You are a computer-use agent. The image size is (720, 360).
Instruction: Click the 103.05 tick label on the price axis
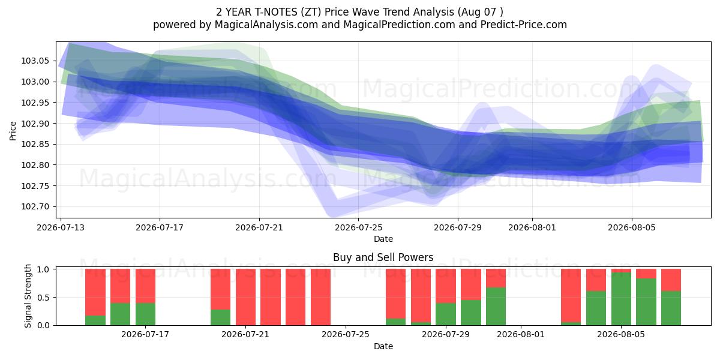coord(35,61)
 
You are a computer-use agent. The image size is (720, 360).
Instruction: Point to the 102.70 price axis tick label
coord(35,206)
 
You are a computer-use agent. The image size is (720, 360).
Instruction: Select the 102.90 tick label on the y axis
coord(35,124)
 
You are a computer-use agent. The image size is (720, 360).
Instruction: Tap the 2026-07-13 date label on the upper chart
coord(61,227)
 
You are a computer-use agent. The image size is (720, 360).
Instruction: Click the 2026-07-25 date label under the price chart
coord(358,227)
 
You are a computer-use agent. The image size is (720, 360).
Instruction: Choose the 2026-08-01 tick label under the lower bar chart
coord(521,335)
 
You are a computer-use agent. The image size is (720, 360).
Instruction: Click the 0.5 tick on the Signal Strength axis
coord(44,298)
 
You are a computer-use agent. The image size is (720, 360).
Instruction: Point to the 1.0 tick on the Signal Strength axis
coord(44,269)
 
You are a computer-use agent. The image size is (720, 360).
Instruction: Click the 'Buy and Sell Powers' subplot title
coord(383,257)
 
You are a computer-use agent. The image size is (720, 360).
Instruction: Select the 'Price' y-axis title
coord(13,131)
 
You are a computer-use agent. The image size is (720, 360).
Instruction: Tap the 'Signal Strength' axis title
coord(28,296)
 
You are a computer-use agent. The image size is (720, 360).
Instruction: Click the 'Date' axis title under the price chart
coord(383,239)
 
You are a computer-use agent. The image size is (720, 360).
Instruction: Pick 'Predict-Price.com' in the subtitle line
coord(524,25)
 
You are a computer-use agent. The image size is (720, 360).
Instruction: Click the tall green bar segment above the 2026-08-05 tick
coord(621,299)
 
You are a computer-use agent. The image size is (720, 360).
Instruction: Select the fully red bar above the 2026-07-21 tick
coord(245,297)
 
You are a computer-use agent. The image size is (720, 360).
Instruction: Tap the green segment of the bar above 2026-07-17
coord(145,314)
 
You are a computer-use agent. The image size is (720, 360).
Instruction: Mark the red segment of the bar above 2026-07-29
coord(446,286)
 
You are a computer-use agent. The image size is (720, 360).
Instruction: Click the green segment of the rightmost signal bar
coord(671,308)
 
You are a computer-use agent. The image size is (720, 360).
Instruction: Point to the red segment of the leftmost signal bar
coord(95,292)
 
